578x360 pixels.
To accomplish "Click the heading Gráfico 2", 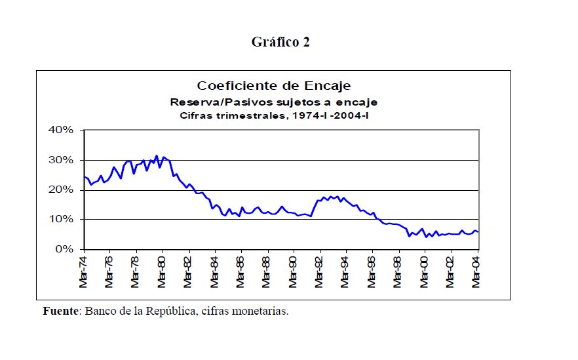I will point(280,43).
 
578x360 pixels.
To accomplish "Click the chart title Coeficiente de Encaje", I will point(274,86).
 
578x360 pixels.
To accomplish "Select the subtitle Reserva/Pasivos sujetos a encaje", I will point(274,102).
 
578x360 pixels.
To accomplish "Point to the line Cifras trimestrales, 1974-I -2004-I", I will point(274,116).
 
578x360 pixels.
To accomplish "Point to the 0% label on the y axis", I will point(64,249).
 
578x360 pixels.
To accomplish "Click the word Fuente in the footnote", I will point(60,311).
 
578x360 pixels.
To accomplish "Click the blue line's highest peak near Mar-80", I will point(157,156).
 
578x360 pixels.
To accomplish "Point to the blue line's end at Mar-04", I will point(478,232).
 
